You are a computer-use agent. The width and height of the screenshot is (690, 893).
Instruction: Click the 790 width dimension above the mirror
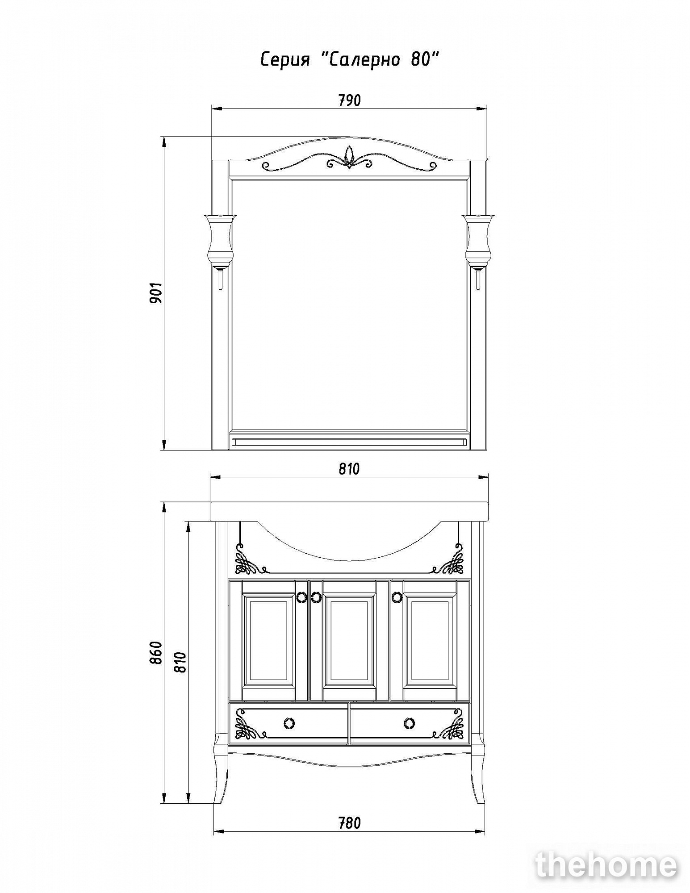349,100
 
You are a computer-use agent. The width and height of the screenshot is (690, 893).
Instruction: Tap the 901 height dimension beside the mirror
156,293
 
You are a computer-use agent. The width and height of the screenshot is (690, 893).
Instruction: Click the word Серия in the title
285,59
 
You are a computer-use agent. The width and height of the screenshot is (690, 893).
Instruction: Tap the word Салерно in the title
363,59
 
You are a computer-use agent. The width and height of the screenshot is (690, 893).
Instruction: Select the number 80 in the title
420,59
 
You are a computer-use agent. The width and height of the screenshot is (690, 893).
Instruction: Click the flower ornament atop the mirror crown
349,157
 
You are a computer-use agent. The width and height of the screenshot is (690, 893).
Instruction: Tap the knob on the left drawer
289,723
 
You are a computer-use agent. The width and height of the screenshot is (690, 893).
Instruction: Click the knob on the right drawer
409,723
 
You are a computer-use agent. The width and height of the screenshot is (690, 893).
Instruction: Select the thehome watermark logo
606,865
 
